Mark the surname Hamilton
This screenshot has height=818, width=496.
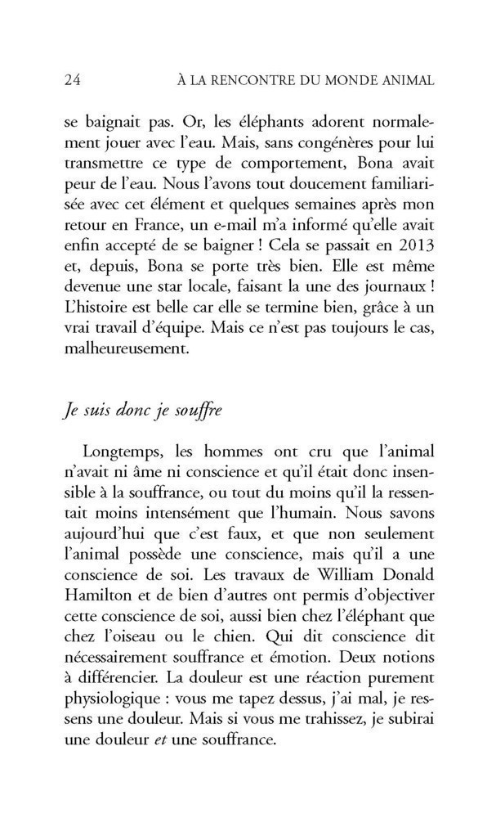click(100, 602)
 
